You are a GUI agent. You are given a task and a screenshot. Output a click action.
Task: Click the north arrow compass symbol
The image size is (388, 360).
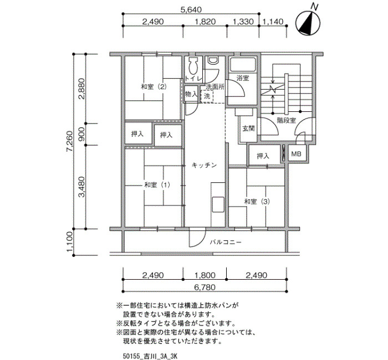tap(308, 23)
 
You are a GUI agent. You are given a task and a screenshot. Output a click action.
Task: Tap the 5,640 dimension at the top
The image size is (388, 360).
tap(191, 10)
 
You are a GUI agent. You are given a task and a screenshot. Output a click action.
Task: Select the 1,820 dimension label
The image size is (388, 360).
tap(205, 22)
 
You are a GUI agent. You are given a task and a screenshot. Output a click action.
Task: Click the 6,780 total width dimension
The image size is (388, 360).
tap(205, 287)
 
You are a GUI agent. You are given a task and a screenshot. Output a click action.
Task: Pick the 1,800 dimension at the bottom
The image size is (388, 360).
tap(205, 275)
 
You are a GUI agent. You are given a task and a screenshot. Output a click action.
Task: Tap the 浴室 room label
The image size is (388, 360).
tap(242, 79)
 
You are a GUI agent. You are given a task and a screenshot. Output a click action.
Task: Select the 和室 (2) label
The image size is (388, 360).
tap(154, 87)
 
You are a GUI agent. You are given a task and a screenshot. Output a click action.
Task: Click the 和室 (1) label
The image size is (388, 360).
tap(157, 185)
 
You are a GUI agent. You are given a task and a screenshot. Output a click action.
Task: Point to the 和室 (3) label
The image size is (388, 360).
tap(257, 202)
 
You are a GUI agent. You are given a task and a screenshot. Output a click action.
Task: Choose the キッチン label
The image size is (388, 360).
tap(205, 165)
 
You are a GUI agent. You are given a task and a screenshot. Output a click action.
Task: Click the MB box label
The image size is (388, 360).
tap(296, 154)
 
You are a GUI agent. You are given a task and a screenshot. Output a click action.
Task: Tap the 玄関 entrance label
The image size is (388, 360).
tap(248, 128)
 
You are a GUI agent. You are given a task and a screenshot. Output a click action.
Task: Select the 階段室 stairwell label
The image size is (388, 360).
tap(287, 120)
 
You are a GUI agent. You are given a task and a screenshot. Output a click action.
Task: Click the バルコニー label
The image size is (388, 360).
tap(226, 242)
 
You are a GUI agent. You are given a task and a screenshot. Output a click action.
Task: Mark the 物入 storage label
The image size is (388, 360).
tap(191, 94)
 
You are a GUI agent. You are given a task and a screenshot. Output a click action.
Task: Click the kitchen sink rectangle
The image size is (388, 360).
tap(218, 204)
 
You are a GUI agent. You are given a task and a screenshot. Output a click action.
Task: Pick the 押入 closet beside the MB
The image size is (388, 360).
tap(263, 156)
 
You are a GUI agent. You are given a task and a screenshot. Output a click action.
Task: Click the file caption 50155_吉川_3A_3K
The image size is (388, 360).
tap(150, 356)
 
